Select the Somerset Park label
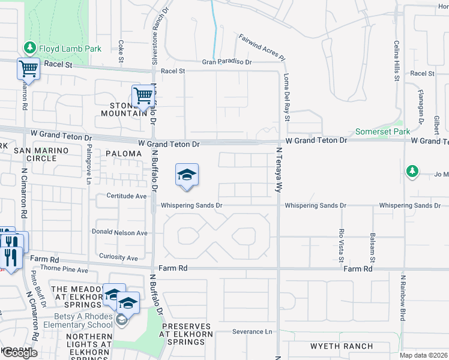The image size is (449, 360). (x=382, y=131)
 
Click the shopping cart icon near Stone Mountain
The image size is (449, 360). (x=143, y=95)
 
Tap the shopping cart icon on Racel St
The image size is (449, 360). (x=28, y=69)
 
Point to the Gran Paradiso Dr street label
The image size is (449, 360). (x=226, y=62)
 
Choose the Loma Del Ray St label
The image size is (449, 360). (x=286, y=97)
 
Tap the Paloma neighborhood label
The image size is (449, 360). (x=124, y=154)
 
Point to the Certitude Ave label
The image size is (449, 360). (x=127, y=196)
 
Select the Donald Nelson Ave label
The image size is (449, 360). (x=119, y=233)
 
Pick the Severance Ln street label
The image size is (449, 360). (x=252, y=332)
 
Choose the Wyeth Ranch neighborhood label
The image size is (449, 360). (x=342, y=346)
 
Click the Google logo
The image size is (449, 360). (x=19, y=353)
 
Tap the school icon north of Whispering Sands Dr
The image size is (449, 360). (x=187, y=175)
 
